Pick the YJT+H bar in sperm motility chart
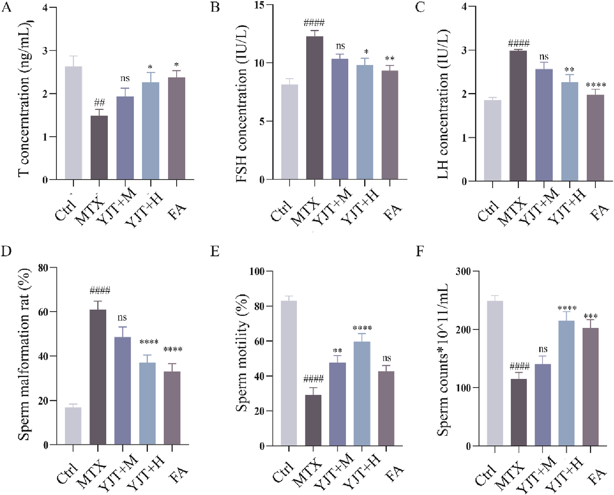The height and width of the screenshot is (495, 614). pyautogui.click(x=362, y=394)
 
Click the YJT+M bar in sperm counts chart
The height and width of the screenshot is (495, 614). pyautogui.click(x=543, y=405)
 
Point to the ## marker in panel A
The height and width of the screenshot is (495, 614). pyautogui.click(x=99, y=103)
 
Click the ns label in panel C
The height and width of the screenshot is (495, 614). pyautogui.click(x=544, y=57)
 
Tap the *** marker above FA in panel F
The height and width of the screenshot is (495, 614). pyautogui.click(x=590, y=316)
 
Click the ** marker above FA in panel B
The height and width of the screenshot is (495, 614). pyautogui.click(x=390, y=58)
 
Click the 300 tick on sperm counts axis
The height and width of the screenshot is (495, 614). pyautogui.click(x=463, y=271)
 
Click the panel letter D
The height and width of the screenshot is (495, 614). pyautogui.click(x=6, y=251)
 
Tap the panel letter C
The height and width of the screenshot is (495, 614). pyautogui.click(x=420, y=7)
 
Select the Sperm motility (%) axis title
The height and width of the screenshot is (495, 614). pyautogui.click(x=242, y=353)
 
